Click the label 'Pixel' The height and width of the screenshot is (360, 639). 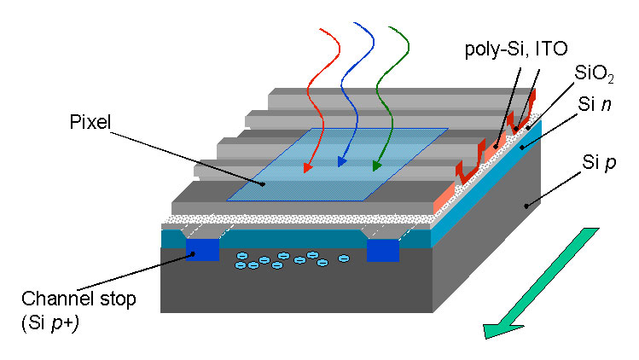point(90,122)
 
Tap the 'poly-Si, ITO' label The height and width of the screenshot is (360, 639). point(516,49)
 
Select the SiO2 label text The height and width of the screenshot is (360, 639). point(594,74)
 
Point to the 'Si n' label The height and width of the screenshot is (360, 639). point(595,105)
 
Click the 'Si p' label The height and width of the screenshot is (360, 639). point(599,163)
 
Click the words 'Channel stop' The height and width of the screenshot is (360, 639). point(78,299)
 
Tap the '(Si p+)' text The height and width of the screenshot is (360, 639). point(50,322)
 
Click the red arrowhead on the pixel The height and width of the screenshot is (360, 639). point(308,167)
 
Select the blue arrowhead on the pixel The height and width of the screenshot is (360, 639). point(341,162)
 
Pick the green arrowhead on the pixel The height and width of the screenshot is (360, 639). point(376,165)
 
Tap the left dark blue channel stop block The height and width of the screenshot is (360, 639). point(202,249)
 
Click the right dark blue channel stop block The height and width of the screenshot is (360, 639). point(383,250)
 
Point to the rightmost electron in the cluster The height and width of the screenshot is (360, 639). point(345,258)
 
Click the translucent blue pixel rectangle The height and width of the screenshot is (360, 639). point(338,165)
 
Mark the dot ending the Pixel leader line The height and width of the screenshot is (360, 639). point(264,184)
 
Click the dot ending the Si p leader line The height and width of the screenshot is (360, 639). point(526,206)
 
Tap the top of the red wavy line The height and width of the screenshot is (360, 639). point(321,29)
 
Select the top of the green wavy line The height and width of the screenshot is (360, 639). point(390,27)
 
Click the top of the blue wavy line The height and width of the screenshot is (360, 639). point(355,23)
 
